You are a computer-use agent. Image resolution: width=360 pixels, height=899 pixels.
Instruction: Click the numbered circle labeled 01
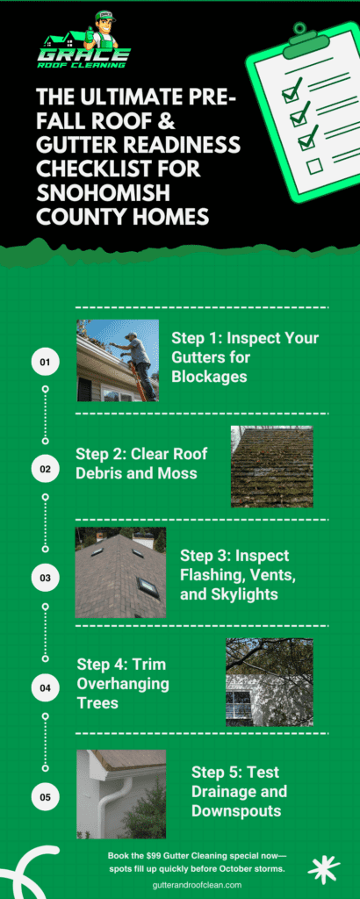pyautogui.click(x=46, y=363)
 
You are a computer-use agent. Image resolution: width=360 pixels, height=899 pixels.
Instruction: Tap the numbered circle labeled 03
pyautogui.click(x=46, y=578)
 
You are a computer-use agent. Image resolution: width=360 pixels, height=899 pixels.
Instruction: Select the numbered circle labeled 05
pyautogui.click(x=46, y=797)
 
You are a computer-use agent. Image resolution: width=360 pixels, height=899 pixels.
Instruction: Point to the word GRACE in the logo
pyautogui.click(x=84, y=55)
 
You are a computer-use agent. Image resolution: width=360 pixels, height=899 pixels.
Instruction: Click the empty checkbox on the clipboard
pyautogui.click(x=314, y=166)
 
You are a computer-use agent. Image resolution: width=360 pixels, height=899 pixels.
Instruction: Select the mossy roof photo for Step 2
pyautogui.click(x=271, y=466)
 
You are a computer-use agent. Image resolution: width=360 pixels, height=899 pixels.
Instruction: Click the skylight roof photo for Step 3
pyautogui.click(x=120, y=572)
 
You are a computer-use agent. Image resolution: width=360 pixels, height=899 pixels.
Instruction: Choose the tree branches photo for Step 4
pyautogui.click(x=270, y=682)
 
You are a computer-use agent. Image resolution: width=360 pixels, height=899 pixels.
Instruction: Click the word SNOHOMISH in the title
pyautogui.click(x=104, y=193)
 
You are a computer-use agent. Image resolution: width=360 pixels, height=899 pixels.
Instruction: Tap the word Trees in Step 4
pyautogui.click(x=98, y=702)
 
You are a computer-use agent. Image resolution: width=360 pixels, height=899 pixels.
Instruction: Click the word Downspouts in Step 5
pyautogui.click(x=236, y=810)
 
